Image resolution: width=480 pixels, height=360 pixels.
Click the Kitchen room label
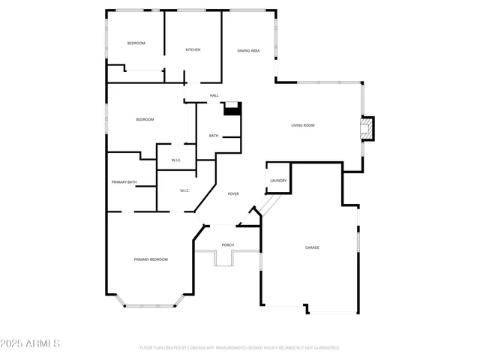tap(193, 50)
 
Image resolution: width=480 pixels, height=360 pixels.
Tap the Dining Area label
tap(248, 50)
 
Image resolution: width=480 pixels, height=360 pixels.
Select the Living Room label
tap(303, 125)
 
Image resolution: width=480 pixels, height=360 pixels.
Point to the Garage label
tap(312, 247)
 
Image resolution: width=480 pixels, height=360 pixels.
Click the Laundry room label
tap(278, 181)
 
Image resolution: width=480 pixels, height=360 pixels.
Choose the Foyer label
tap(233, 194)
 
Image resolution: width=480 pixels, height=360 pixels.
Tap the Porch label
tap(228, 245)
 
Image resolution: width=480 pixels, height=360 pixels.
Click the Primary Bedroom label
tap(151, 259)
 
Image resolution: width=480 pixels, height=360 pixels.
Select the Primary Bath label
tap(124, 182)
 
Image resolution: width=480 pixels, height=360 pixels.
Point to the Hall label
tap(214, 96)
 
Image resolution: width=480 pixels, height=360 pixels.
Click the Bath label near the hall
tap(214, 136)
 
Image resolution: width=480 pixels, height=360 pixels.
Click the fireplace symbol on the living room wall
tap(367, 128)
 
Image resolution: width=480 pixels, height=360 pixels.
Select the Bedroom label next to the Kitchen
tap(136, 43)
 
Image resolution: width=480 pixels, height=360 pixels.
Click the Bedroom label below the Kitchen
tap(145, 120)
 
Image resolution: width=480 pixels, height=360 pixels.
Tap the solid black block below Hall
tap(232, 110)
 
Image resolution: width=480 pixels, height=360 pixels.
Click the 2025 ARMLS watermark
tap(30, 343)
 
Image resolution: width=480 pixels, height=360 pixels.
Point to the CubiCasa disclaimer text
tap(240, 348)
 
